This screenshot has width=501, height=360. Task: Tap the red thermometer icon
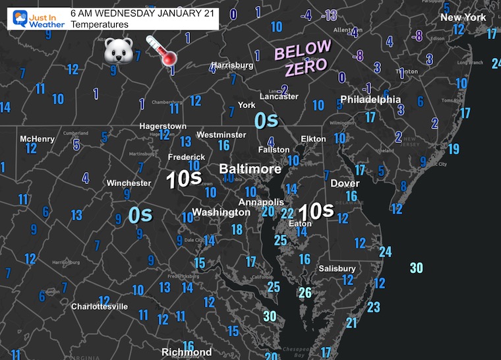coord(162,50)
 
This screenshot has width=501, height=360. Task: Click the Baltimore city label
coord(250,169)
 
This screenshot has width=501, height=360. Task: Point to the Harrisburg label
coord(232,65)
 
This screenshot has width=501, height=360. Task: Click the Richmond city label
coord(187,352)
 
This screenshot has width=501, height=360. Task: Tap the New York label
coord(463,17)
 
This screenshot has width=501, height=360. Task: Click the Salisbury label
coord(337,268)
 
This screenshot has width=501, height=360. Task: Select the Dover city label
coord(345,183)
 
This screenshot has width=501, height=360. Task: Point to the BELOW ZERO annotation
coord(302,57)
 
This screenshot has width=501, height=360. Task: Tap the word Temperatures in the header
coord(99,24)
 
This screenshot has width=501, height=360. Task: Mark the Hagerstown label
coord(163,126)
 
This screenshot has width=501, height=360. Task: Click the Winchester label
coord(129,183)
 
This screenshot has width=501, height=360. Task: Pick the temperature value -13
coord(330,15)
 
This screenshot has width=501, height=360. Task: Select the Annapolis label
coord(261,202)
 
